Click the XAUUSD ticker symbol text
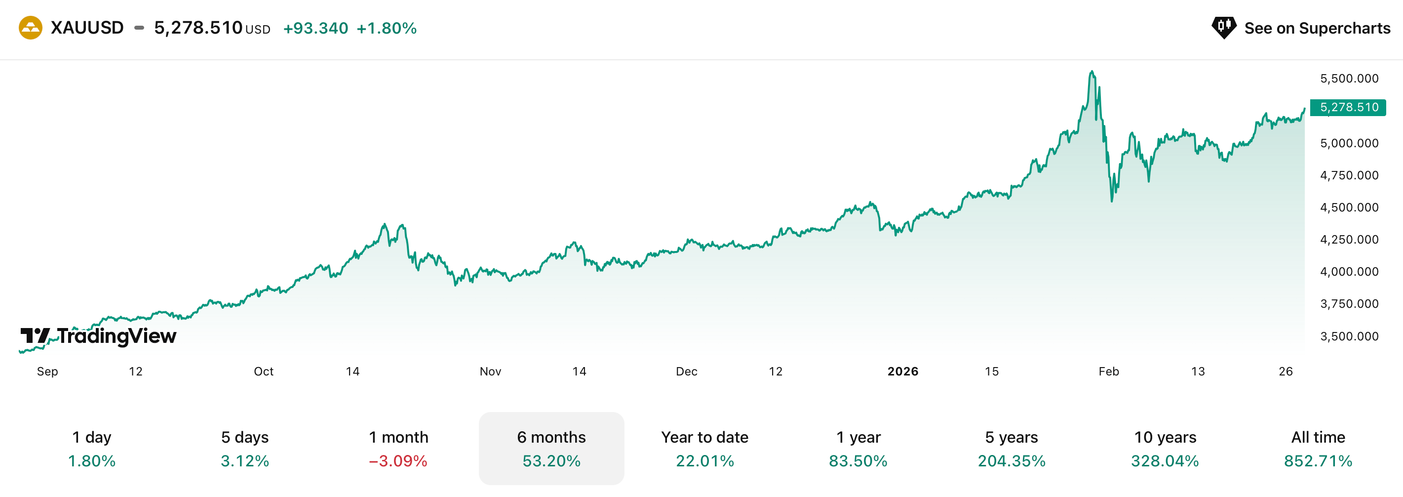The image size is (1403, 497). (87, 28)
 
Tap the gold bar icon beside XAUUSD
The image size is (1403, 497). (31, 28)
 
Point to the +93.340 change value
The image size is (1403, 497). (315, 28)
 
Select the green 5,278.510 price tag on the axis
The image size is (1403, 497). (1348, 107)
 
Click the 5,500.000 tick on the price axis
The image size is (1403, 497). (1349, 79)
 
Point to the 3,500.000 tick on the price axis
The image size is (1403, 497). (1349, 336)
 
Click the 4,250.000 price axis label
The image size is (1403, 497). (1349, 239)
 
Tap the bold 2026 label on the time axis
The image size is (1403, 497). (902, 372)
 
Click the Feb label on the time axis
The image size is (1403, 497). (1108, 372)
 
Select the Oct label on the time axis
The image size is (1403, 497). (264, 372)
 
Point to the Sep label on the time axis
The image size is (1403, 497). (47, 372)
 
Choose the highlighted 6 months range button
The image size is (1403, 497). (551, 448)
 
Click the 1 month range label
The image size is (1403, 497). (398, 437)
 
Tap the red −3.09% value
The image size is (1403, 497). (398, 461)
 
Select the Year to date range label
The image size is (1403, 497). (705, 437)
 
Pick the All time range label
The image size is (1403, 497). (1318, 437)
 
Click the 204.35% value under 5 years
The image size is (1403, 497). (1012, 461)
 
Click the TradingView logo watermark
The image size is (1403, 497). (99, 336)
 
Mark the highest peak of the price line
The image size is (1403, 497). (1092, 72)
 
